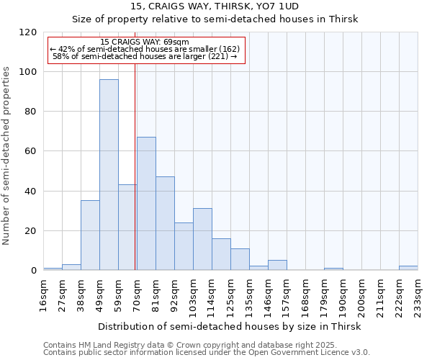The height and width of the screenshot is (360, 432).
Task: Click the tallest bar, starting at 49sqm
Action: click(x=109, y=175)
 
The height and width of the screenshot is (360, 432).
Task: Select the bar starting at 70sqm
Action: click(x=146, y=204)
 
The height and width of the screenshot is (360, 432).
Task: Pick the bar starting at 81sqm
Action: click(x=165, y=223)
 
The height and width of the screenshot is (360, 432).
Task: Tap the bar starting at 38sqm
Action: click(x=90, y=235)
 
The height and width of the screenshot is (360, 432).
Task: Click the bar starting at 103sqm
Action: click(x=202, y=239)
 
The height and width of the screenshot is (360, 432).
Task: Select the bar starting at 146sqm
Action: click(x=277, y=265)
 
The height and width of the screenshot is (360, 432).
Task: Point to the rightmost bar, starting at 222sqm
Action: click(x=408, y=268)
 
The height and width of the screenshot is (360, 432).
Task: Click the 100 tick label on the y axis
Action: click(x=28, y=72)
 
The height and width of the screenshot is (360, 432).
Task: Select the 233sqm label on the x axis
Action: click(x=418, y=296)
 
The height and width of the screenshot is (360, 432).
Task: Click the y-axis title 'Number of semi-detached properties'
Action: click(x=6, y=151)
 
